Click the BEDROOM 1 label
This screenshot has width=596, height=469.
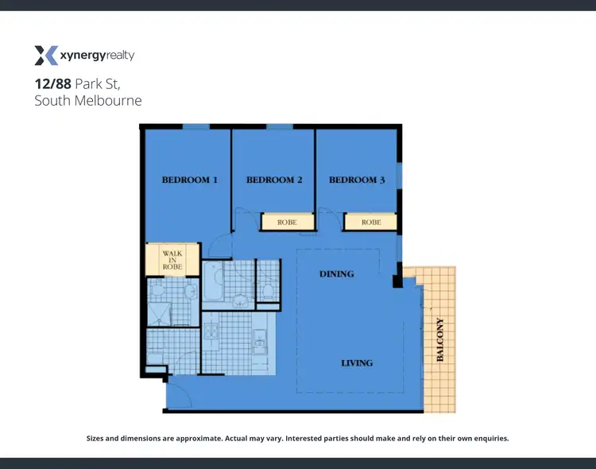(190, 180)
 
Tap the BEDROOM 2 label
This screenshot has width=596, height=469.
(274, 180)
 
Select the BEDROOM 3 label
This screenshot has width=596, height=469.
(357, 180)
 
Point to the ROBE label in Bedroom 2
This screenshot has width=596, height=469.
(287, 223)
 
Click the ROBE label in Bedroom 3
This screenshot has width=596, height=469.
(371, 223)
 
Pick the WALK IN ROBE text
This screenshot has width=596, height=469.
(172, 260)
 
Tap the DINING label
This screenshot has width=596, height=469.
(336, 273)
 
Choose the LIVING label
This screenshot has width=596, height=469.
(357, 362)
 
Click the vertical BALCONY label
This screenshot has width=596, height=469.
(440, 340)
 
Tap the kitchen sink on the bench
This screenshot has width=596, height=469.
(260, 344)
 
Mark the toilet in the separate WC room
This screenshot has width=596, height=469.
(269, 290)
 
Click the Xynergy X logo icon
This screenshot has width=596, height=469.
(46, 56)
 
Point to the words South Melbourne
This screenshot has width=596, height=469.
(87, 100)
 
